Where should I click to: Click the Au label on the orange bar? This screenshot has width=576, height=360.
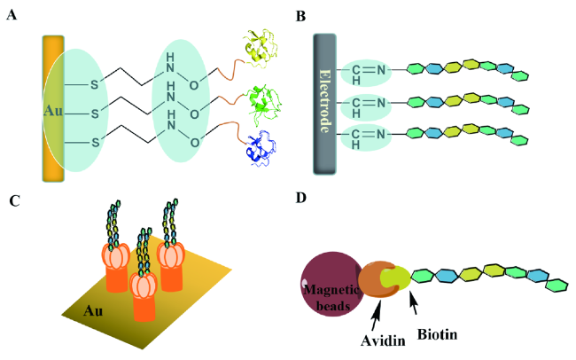[53, 113]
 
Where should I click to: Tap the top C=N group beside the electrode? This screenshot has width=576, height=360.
[363, 70]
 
